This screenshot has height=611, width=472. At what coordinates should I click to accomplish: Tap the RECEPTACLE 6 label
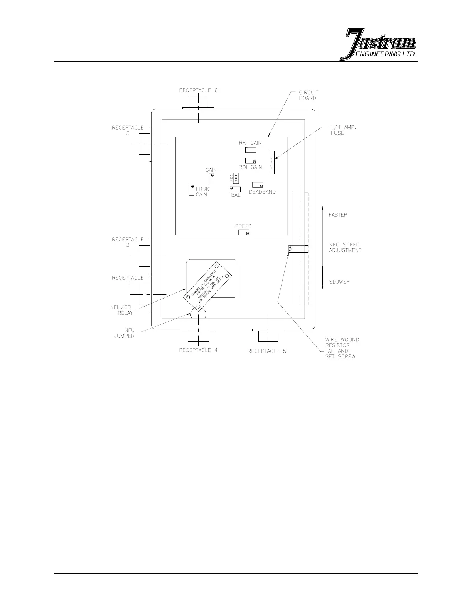pyautogui.click(x=198, y=90)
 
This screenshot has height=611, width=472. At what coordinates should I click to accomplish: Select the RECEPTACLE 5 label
pyautogui.click(x=266, y=351)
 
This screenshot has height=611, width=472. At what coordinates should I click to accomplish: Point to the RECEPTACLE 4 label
pyautogui.click(x=198, y=350)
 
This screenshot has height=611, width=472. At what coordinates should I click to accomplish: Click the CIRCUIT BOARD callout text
pyautogui.click(x=308, y=95)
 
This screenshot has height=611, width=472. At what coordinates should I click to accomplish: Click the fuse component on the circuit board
pyautogui.click(x=271, y=162)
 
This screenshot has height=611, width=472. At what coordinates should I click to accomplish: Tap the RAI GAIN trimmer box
pyautogui.click(x=250, y=150)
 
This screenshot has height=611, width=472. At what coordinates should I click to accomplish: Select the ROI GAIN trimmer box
pyautogui.click(x=250, y=160)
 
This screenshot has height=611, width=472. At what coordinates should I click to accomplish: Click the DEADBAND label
pyautogui.click(x=262, y=192)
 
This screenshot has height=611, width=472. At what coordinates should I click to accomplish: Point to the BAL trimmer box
pyautogui.click(x=235, y=189)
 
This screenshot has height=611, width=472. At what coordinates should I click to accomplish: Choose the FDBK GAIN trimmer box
pyautogui.click(x=190, y=190)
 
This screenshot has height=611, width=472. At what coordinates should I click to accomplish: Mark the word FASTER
pyautogui.click(x=338, y=215)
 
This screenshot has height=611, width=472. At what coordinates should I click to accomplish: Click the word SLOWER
pyautogui.click(x=339, y=282)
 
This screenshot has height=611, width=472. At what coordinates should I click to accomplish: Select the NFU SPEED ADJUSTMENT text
pyautogui.click(x=345, y=247)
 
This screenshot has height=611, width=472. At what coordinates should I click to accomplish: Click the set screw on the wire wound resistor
pyautogui.click(x=290, y=249)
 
